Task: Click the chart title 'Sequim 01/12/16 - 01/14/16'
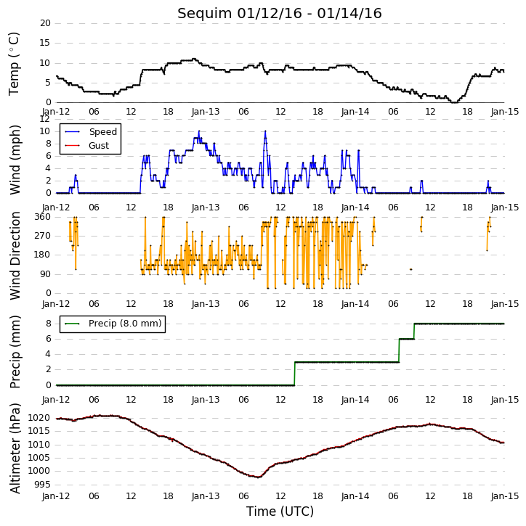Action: click(280, 14)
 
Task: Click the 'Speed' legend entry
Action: click(102, 132)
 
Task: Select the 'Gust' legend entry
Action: click(99, 146)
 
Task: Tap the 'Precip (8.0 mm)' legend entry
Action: click(125, 324)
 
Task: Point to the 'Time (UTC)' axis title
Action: click(280, 511)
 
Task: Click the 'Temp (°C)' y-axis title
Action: click(14, 64)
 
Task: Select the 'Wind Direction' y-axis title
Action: click(15, 255)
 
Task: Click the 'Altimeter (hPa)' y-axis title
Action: click(15, 448)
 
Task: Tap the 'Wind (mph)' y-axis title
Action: click(15, 160)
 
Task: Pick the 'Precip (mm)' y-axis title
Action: click(15, 352)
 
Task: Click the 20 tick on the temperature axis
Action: click(45, 23)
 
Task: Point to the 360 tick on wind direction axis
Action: click(43, 217)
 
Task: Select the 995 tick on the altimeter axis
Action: click(42, 485)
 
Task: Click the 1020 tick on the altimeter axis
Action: click(40, 418)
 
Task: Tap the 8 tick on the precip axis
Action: click(49, 324)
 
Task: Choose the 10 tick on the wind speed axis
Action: click(45, 131)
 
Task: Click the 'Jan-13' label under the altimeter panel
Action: click(205, 496)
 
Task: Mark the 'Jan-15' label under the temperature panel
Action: click(504, 112)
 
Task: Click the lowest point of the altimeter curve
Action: click(258, 477)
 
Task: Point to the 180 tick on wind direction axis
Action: click(43, 255)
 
